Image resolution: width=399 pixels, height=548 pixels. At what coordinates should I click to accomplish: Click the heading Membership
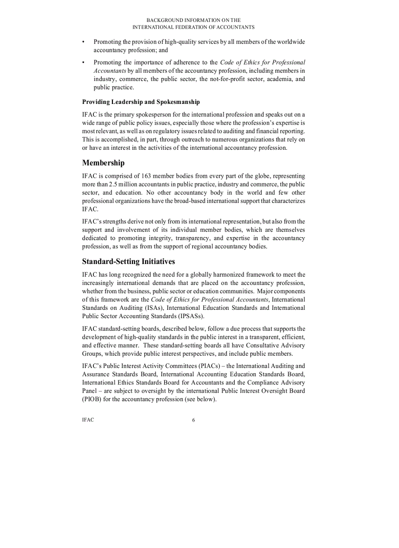[103, 162]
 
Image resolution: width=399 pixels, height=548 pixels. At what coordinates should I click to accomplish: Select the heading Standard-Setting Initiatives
[129, 262]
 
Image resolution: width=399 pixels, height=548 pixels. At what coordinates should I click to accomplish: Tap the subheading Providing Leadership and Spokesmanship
[141, 102]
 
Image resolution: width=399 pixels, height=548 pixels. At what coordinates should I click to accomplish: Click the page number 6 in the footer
[194, 420]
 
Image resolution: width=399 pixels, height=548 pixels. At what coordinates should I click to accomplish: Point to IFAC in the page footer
[88, 420]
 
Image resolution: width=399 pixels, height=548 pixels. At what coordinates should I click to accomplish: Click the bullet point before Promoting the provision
[84, 42]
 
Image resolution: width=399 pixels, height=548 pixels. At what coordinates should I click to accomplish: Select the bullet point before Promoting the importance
[84, 62]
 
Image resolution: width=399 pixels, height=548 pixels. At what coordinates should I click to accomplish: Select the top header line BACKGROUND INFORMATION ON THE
[194, 20]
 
